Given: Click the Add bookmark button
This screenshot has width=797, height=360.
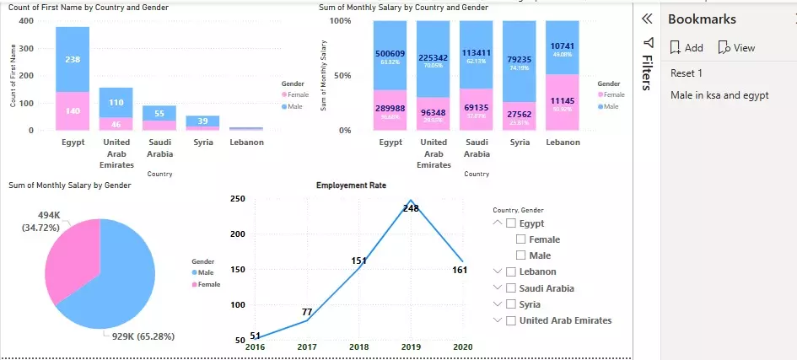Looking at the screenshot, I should (x=686, y=48).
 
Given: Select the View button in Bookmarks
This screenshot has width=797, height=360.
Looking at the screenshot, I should (x=736, y=48).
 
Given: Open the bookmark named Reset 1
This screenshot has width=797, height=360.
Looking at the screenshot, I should (x=686, y=73).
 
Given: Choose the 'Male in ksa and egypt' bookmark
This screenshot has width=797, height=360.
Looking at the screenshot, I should (x=719, y=95).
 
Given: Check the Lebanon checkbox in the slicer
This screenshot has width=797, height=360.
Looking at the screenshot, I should (x=511, y=271).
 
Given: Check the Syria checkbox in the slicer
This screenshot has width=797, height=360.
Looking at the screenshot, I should (x=511, y=304).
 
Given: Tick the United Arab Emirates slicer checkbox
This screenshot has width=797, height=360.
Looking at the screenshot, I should (x=511, y=320).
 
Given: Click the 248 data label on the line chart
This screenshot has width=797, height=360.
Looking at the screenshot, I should (x=411, y=207).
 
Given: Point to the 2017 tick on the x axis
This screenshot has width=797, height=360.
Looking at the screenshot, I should (x=307, y=346).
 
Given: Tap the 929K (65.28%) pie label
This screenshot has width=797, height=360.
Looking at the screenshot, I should (x=148, y=336).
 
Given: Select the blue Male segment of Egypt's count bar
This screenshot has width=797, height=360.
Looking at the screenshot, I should (x=73, y=59).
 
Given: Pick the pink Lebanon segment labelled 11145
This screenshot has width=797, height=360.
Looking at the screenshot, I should (x=563, y=100).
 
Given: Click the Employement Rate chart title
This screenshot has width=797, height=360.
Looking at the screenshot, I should (x=351, y=185).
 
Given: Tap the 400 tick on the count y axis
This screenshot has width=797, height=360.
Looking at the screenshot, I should (x=29, y=21).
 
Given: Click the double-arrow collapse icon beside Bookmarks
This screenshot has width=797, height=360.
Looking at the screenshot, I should (x=647, y=19).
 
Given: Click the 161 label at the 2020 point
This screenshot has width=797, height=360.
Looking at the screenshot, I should (x=459, y=271).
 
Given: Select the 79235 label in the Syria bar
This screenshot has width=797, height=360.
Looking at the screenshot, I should (x=520, y=59).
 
